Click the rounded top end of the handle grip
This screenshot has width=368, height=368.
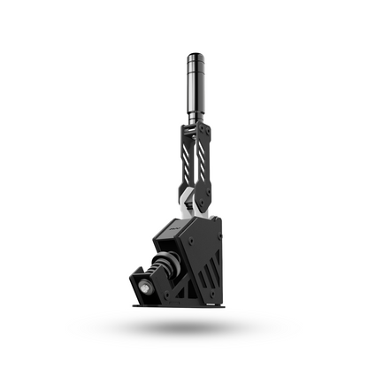(x=195, y=57)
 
